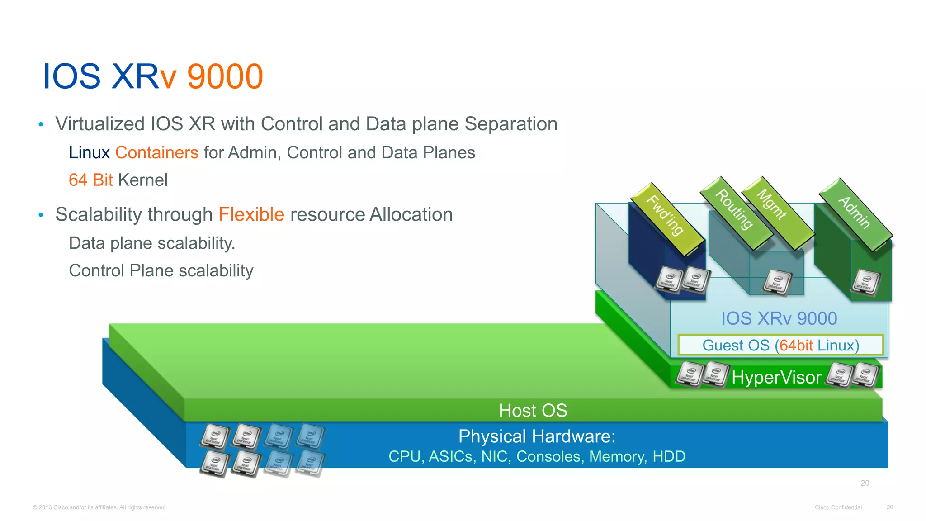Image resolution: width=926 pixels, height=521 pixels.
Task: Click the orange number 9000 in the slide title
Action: (225, 76)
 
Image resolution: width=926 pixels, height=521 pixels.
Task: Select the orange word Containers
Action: (156, 153)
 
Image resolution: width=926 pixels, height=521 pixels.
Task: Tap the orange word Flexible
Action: (251, 214)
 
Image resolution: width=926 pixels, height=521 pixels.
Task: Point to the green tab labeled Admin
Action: (855, 213)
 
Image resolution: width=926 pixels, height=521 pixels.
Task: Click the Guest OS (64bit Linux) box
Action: (780, 345)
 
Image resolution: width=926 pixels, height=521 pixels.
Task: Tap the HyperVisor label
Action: (776, 377)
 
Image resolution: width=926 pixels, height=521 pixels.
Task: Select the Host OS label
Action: (533, 411)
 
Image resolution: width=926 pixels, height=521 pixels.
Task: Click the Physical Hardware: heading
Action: (537, 436)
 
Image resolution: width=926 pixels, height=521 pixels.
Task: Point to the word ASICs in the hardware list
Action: (451, 456)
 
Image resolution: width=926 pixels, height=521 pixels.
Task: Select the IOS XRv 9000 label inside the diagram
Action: (779, 318)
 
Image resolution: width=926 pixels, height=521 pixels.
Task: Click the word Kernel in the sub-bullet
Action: (142, 180)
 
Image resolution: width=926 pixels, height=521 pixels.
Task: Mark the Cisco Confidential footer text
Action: (838, 507)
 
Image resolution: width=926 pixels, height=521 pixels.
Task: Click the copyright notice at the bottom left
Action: (100, 507)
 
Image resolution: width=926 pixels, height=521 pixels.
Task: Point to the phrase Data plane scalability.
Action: (152, 243)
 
